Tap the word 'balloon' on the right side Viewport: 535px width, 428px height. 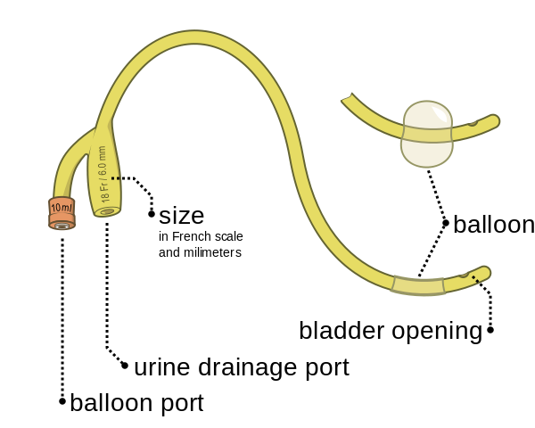493,225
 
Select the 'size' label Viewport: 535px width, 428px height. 181,215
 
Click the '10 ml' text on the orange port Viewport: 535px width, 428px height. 62,207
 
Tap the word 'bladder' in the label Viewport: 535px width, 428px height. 342,331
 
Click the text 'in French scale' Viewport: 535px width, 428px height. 201,236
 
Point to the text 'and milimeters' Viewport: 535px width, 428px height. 200,252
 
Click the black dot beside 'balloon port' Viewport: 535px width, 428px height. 62,401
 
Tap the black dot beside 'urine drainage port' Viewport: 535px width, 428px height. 125,365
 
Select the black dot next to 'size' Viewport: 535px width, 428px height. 152,214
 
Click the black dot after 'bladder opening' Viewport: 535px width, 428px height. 490,330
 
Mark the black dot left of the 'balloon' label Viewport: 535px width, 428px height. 446,223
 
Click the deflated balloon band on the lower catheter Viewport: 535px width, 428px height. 418,285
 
